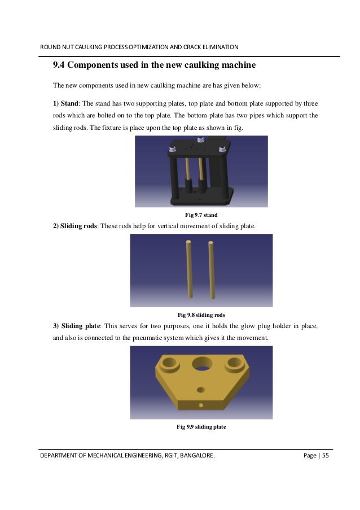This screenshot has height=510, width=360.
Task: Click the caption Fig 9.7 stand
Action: (201, 215)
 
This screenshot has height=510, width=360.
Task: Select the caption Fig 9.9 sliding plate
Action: (201, 427)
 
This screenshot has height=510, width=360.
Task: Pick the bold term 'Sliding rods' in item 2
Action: (78, 226)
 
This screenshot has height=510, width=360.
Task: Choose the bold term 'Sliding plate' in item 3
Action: (80, 326)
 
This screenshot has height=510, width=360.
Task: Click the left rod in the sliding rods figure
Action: (190, 269)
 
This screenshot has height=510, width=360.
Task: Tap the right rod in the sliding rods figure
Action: (212, 270)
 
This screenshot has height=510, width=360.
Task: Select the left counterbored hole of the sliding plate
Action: (168, 363)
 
